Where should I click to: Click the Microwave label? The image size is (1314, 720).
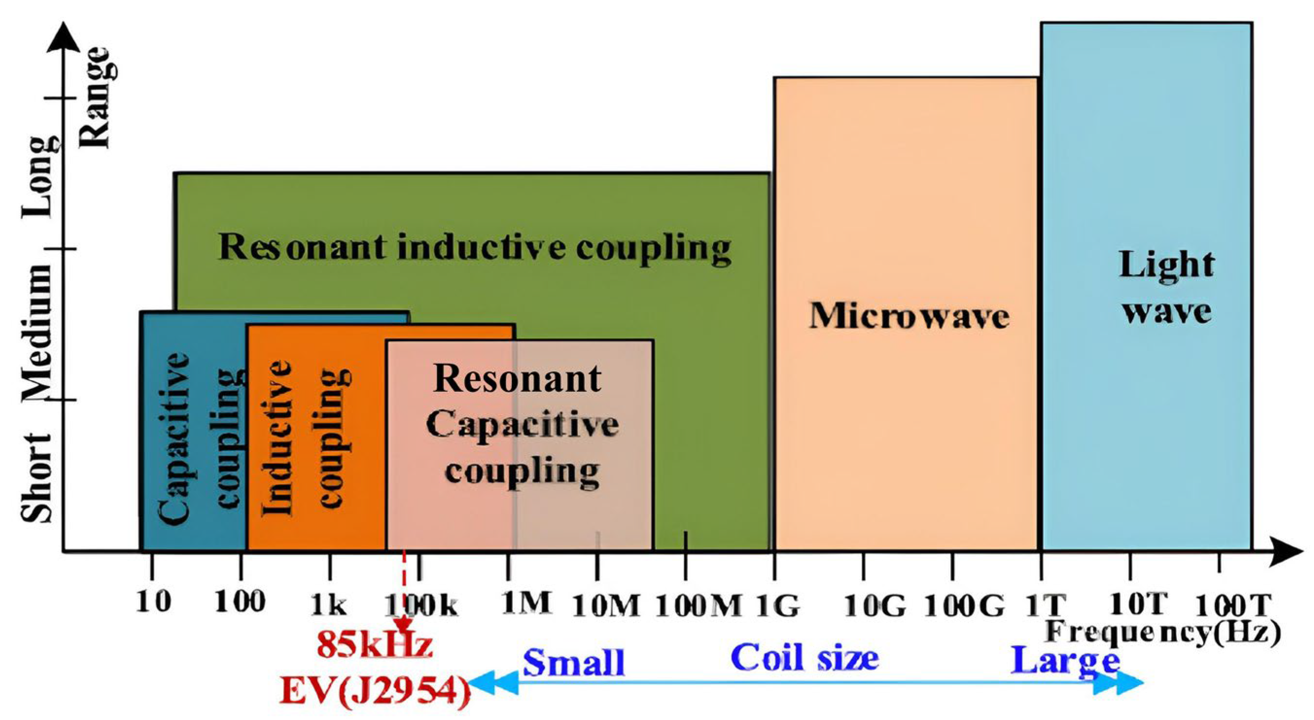click(x=909, y=316)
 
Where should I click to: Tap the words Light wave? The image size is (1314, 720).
click(x=1166, y=288)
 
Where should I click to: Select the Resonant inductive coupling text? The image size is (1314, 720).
click(x=474, y=248)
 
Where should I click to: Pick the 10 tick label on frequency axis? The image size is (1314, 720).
click(x=153, y=603)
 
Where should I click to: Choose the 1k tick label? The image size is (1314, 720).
click(x=328, y=606)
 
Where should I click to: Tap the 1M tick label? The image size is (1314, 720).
click(x=526, y=604)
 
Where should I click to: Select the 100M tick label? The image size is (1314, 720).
click(x=698, y=606)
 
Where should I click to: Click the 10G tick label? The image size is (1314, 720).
click(x=876, y=606)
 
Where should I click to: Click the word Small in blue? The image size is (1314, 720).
click(x=574, y=662)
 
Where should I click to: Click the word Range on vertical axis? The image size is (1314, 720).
click(x=96, y=97)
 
